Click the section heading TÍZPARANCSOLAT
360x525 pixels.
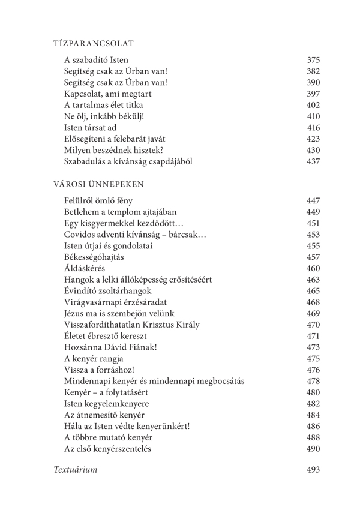pyautogui.click(x=93, y=43)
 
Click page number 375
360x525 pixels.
pyautogui.click(x=313, y=60)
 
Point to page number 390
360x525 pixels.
pyautogui.click(x=313, y=83)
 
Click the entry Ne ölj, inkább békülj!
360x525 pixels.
pyautogui.click(x=104, y=116)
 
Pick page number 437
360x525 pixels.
pyautogui.click(x=313, y=162)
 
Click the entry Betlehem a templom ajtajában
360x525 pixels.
pyautogui.click(x=120, y=212)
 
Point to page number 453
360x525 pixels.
pyautogui.click(x=313, y=235)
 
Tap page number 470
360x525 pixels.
pyautogui.click(x=313, y=325)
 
